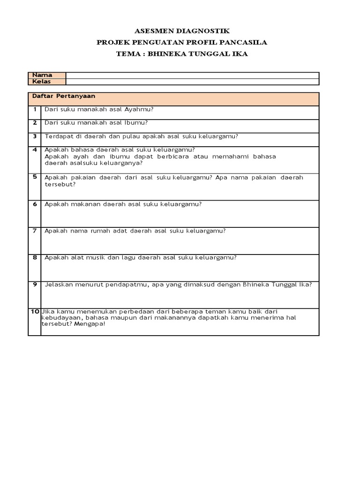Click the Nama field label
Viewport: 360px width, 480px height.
point(42,75)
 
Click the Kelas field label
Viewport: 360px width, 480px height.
point(41,82)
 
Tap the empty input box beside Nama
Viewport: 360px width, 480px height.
point(192,75)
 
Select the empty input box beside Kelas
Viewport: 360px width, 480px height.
point(192,82)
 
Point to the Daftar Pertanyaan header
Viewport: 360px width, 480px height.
point(63,96)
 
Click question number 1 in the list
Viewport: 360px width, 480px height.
point(35,109)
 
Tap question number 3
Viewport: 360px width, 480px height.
point(35,136)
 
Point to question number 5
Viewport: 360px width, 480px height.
point(35,177)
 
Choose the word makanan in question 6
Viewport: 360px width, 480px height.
point(80,204)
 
